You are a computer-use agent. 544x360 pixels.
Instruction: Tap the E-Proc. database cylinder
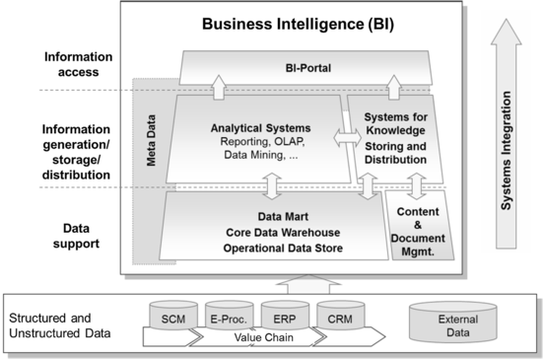tap(225, 318)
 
